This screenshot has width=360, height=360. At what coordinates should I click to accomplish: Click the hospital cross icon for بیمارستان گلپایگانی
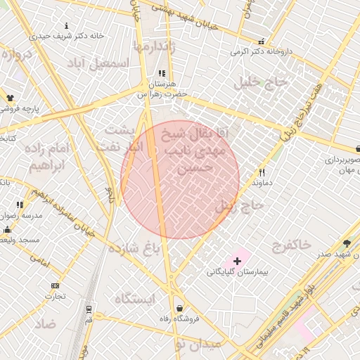coord(237,261)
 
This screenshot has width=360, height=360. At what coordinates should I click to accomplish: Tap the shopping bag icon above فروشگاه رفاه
coord(180,308)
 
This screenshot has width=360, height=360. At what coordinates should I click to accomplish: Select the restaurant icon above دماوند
coord(262,172)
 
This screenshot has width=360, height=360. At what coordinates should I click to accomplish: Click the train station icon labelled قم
coord(89,309)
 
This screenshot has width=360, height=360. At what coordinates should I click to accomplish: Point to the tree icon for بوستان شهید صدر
coord(347,243)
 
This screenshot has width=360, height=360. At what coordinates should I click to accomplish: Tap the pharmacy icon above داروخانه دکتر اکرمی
coord(262,41)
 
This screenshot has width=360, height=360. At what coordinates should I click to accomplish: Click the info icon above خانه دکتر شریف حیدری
coord(66,25)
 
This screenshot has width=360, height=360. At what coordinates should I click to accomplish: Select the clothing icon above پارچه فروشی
coord(11,98)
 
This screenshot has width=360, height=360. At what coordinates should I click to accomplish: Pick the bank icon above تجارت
coord(56,285)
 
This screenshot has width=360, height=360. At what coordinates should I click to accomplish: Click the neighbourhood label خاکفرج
coord(290,245)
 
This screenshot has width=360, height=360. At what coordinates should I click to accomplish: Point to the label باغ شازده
coord(133,248)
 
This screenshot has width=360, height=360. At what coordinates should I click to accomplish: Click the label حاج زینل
coord(239,205)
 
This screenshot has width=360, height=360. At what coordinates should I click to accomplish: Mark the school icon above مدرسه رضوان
coord(20,205)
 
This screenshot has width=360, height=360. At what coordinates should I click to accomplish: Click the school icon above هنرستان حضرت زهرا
coord(162,73)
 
